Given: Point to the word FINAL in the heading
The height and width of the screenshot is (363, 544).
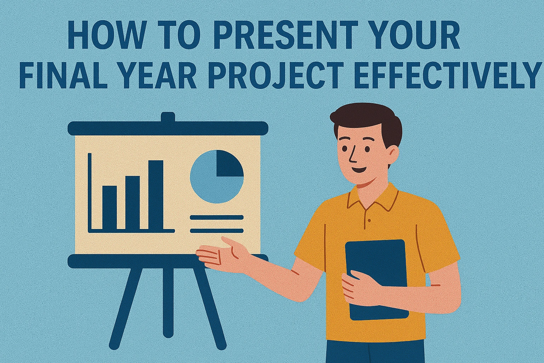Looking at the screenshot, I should coord(62,76).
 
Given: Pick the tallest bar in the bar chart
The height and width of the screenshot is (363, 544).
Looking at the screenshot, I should coord(155,195).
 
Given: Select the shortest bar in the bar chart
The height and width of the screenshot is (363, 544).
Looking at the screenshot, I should coord(109,208).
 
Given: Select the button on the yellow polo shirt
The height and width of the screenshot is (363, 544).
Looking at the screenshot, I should coord(369,220).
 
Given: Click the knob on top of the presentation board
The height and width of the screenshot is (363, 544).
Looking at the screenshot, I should coord(168,117).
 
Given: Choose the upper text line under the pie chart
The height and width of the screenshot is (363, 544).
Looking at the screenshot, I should coord(217,217).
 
